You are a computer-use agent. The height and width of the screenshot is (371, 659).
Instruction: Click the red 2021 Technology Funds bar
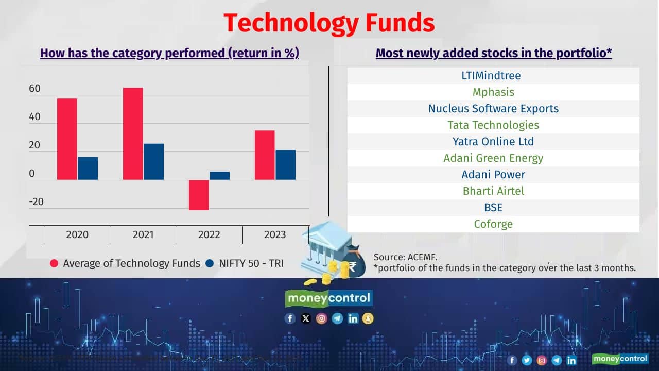(x=133, y=134)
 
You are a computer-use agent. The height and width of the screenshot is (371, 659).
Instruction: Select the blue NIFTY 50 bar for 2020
(x=88, y=168)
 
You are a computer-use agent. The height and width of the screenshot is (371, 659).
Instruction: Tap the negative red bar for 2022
(x=199, y=195)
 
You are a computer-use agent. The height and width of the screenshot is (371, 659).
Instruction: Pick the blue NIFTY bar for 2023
(x=286, y=165)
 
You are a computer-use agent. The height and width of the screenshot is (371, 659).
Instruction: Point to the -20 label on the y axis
(x=36, y=201)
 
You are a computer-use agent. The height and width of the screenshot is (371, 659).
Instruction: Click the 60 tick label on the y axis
(x=34, y=89)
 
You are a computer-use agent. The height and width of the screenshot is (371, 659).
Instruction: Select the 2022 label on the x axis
(x=209, y=235)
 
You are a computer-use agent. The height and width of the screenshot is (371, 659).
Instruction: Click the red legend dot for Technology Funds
(x=54, y=263)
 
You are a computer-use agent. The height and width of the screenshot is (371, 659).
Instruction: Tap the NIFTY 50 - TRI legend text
(x=251, y=263)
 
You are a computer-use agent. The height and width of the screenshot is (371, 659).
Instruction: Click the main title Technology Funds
(x=329, y=23)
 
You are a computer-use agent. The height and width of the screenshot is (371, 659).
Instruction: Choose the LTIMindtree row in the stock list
(x=493, y=76)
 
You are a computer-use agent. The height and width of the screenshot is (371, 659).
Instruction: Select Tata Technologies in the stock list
(x=493, y=125)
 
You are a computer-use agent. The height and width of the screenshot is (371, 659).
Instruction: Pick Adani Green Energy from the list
(x=493, y=158)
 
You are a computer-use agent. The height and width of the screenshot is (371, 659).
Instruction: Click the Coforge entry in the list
(x=493, y=224)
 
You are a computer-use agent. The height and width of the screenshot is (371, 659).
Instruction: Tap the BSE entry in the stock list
(x=493, y=208)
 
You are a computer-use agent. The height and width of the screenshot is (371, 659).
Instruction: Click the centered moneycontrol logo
(x=328, y=298)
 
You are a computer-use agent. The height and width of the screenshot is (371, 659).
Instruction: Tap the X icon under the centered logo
(x=306, y=318)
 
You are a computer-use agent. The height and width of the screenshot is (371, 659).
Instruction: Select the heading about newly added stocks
(x=493, y=53)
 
